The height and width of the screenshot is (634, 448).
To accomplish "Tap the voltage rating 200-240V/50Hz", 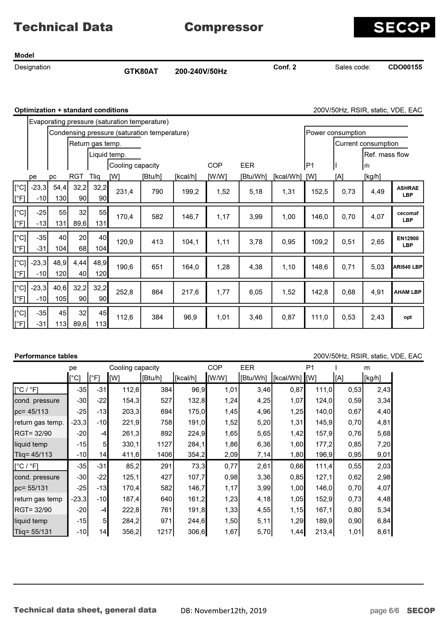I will click(201, 72).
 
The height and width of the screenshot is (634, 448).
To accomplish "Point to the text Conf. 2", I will click(285, 67).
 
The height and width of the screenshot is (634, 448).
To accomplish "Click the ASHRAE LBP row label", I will click(407, 192).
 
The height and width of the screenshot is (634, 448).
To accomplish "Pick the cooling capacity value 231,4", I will click(124, 192).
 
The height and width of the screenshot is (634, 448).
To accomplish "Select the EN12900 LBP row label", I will click(407, 242).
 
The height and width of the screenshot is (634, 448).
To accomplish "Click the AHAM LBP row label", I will click(407, 292).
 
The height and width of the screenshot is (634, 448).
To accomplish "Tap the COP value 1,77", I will click(223, 292).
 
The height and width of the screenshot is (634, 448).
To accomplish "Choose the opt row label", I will click(407, 317).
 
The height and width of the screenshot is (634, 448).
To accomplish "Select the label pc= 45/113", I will click(31, 412).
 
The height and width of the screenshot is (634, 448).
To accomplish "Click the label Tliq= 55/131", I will click(33, 532).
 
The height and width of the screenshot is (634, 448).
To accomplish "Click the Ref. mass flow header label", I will click(386, 155).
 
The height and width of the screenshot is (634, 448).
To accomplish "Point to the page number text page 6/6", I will click(385, 611).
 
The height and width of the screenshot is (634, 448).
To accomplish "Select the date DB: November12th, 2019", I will click(224, 611).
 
